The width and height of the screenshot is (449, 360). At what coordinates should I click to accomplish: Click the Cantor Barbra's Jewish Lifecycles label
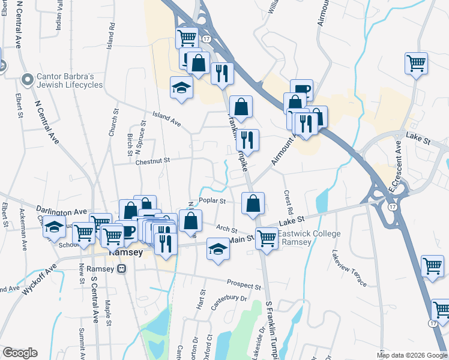click(70, 80)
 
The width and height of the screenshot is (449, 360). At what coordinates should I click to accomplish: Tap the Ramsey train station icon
click(122, 269)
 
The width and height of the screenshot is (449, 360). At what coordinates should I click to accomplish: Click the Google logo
click(20, 353)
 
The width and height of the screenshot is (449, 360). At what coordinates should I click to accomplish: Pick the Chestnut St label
click(153, 160)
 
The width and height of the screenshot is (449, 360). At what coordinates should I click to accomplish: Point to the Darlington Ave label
click(62, 212)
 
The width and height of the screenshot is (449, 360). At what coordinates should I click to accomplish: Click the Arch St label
click(227, 229)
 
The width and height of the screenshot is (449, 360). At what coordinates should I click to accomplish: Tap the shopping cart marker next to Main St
click(266, 238)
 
